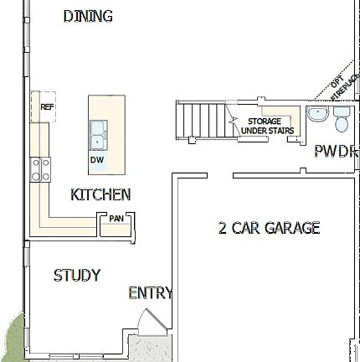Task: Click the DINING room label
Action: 88,17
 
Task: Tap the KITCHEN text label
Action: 100,194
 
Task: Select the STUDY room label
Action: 77,275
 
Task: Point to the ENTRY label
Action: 150,292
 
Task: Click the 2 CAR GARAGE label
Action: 268,227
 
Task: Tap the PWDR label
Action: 336,152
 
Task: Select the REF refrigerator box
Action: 47,107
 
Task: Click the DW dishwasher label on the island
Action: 97,159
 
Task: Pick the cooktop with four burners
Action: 39,169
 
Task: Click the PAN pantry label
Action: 116,219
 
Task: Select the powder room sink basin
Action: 317,115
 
